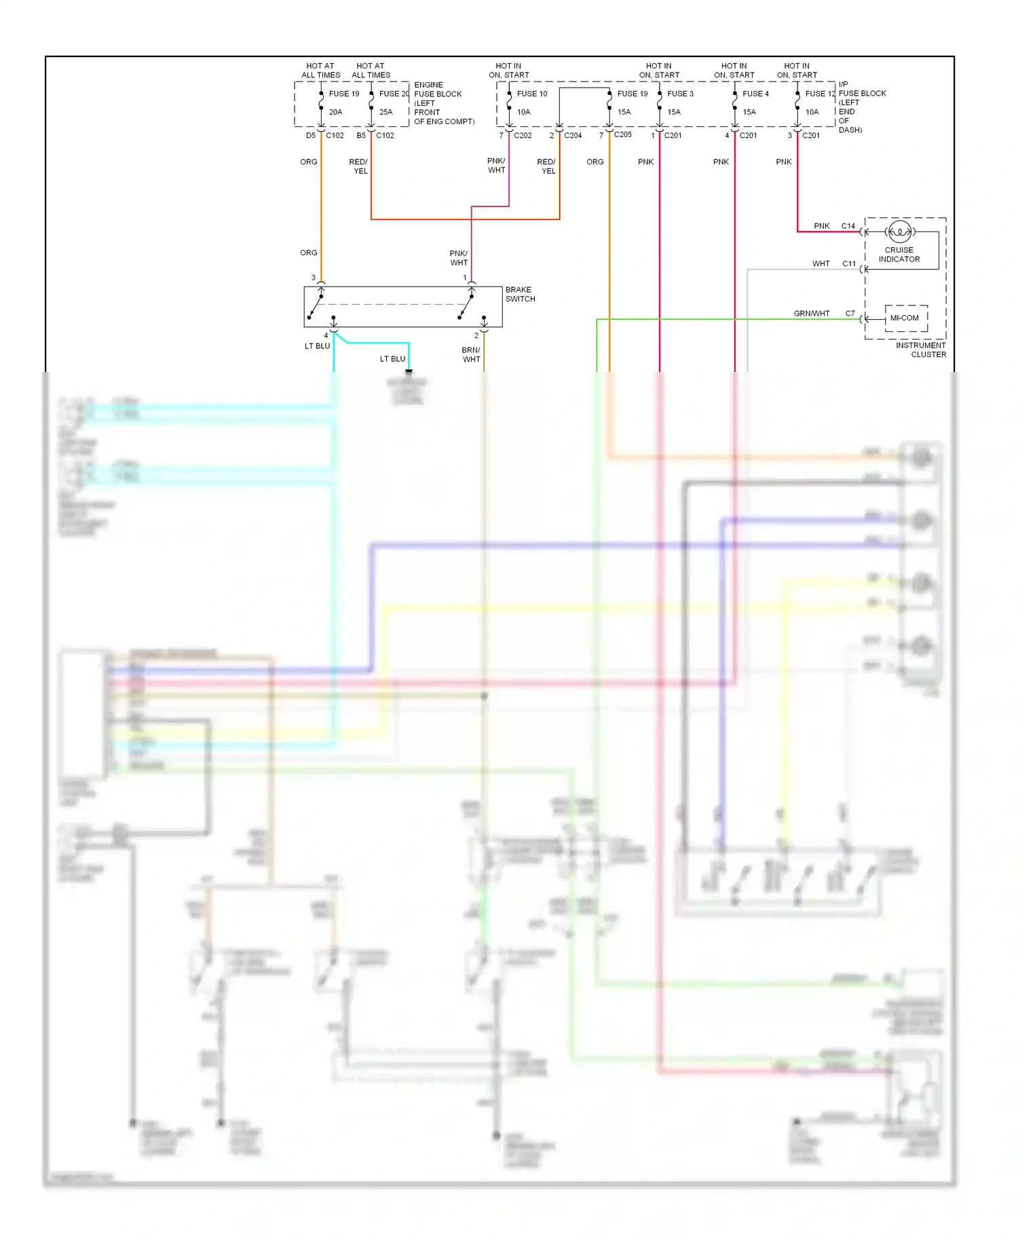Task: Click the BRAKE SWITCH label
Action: point(520,294)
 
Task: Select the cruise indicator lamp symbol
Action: point(900,232)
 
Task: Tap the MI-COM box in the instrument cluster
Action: point(905,318)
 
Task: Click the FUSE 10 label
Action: point(531,94)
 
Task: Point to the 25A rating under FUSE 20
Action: point(385,112)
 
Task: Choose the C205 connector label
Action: point(622,134)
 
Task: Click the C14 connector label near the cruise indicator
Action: point(848,226)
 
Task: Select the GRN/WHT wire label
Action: point(812,314)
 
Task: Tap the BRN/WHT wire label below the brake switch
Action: point(471,354)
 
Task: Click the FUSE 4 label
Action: point(755,94)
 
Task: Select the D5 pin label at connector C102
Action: point(310,135)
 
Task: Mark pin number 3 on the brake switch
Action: point(313,278)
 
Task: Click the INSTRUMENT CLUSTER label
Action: point(920,350)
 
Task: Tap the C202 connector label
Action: point(523,135)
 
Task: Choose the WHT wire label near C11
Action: point(821,263)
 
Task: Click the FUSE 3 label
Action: point(680,94)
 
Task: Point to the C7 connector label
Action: point(850,314)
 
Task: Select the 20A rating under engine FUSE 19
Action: point(335,112)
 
